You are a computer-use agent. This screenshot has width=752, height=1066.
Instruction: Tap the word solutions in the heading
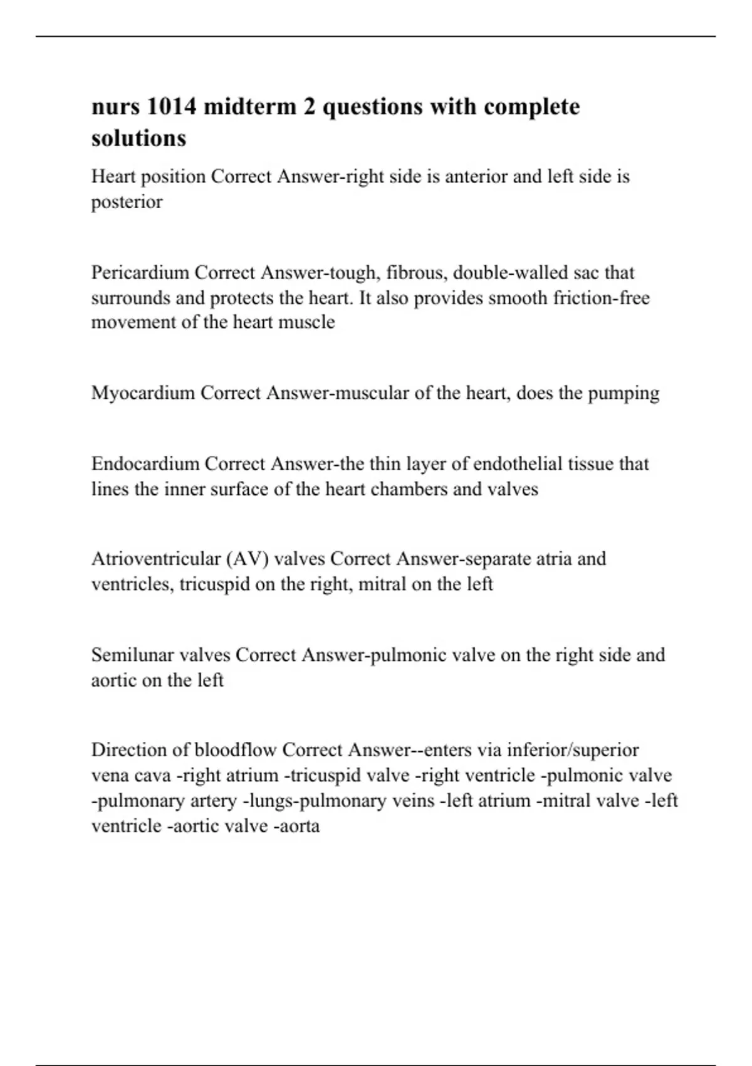pyautogui.click(x=138, y=139)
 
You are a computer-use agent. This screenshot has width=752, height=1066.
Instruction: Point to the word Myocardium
pyautogui.click(x=143, y=393)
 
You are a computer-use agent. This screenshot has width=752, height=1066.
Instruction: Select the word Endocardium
pyautogui.click(x=145, y=464)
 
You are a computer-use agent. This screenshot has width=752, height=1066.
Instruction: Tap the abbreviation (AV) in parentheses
pyautogui.click(x=247, y=559)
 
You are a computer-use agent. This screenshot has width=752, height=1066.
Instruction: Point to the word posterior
pyautogui.click(x=127, y=202)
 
